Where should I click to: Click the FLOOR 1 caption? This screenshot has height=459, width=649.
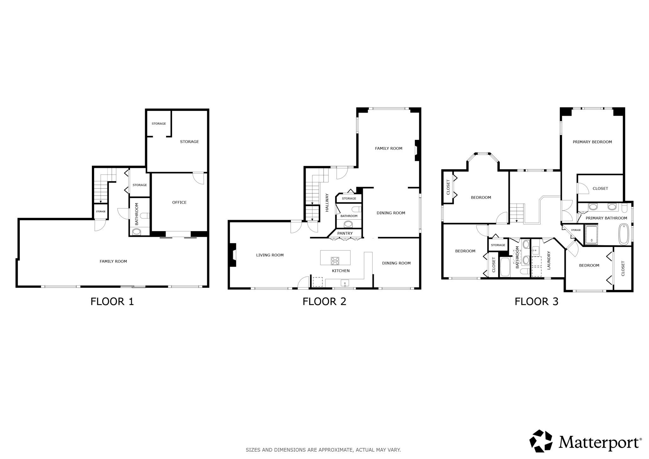(112, 301)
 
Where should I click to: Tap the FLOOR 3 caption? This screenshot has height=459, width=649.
(537, 301)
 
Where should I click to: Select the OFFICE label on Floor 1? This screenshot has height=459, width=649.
(179, 203)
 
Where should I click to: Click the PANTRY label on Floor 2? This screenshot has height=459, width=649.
(345, 233)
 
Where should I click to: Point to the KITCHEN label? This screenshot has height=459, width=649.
(341, 271)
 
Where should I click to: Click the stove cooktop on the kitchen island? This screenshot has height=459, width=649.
(335, 261)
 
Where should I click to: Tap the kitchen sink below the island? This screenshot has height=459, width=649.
(345, 283)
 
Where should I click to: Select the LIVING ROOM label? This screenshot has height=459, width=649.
(270, 255)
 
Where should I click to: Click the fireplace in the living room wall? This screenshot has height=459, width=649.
(233, 255)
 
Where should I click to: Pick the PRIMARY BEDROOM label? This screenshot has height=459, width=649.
(592, 142)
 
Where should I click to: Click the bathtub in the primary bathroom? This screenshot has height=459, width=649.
(624, 234)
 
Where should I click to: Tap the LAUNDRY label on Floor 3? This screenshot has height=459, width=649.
(549, 261)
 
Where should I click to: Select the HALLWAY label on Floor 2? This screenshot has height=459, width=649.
(327, 203)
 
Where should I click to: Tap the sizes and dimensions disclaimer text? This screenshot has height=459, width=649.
(323, 450)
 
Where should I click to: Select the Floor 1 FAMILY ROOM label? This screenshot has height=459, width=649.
(113, 262)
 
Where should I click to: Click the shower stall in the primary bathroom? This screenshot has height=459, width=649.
(591, 235)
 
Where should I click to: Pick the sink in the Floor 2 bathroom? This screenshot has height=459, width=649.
(348, 224)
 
